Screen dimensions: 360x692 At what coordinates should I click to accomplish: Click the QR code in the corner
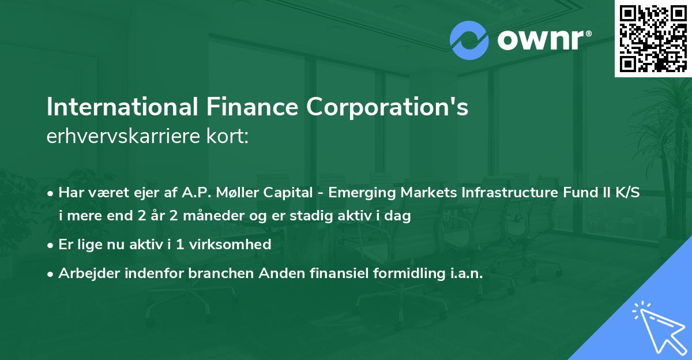[653, 38]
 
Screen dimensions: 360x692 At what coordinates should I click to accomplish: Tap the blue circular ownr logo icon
[469, 40]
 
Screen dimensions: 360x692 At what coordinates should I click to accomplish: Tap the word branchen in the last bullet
[216, 273]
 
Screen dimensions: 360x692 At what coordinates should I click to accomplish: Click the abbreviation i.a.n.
[463, 273]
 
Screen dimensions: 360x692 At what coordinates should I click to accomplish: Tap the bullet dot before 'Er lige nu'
[51, 245]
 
